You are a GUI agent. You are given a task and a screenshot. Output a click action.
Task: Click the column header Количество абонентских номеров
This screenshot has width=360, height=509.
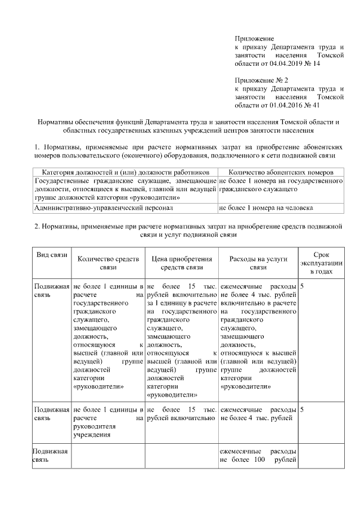[281, 171]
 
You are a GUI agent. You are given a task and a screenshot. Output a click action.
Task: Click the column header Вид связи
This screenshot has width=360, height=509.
[52, 255]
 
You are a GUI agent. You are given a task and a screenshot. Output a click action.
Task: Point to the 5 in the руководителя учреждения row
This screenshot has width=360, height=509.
[303, 409]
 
